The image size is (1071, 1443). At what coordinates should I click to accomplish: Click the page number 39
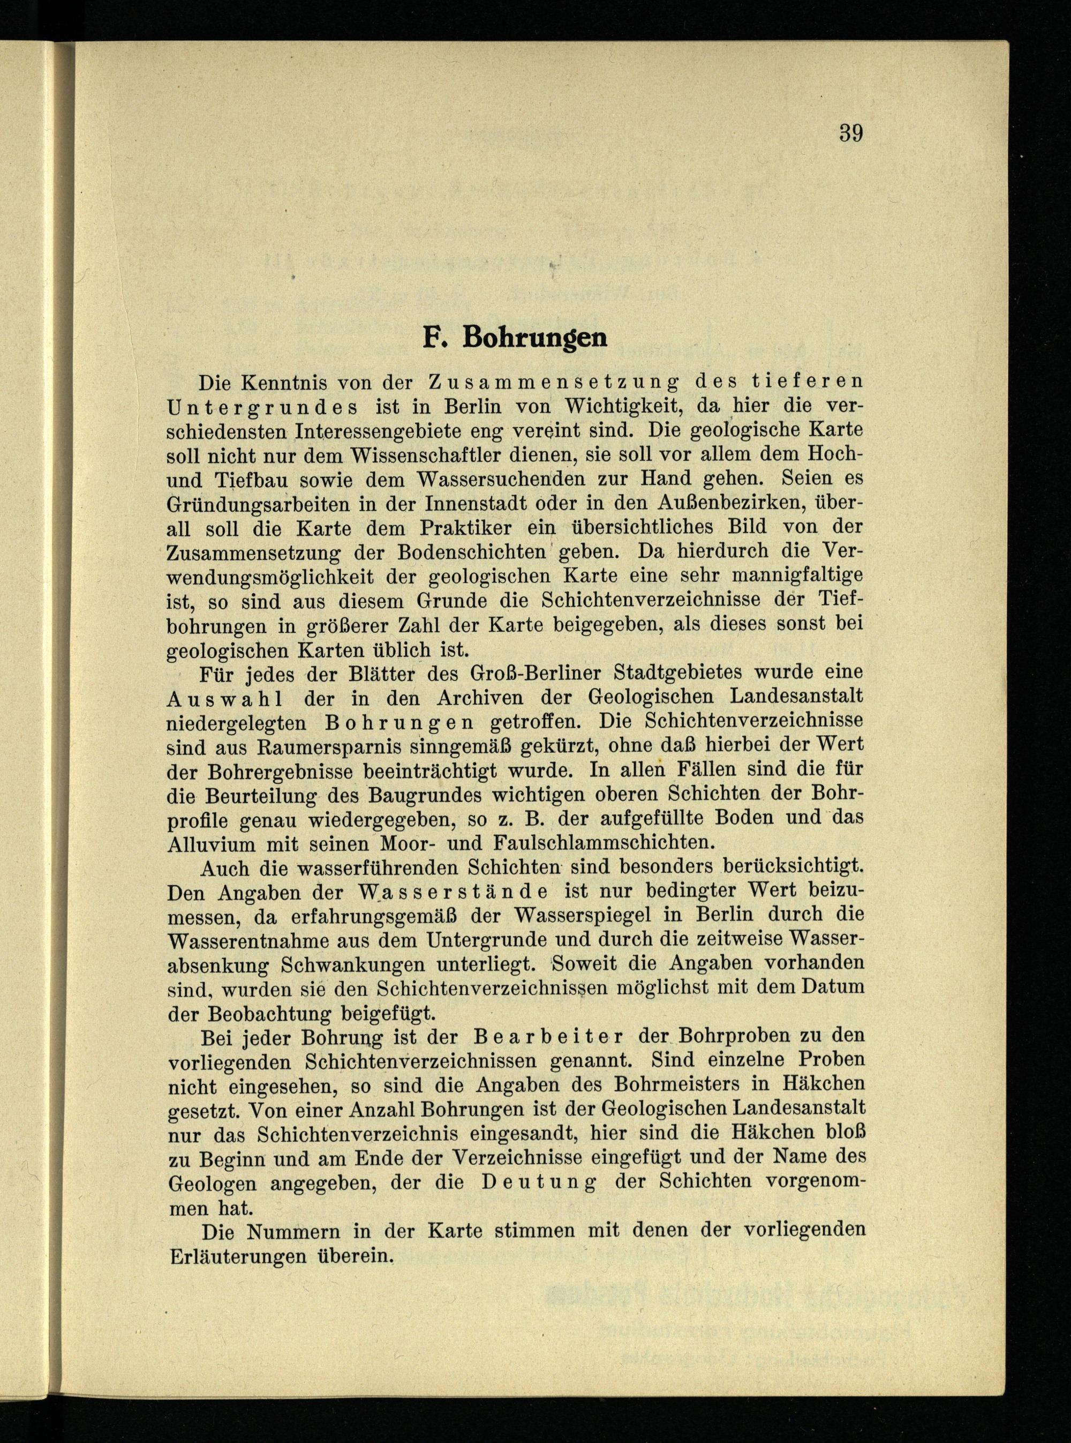[850, 133]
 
